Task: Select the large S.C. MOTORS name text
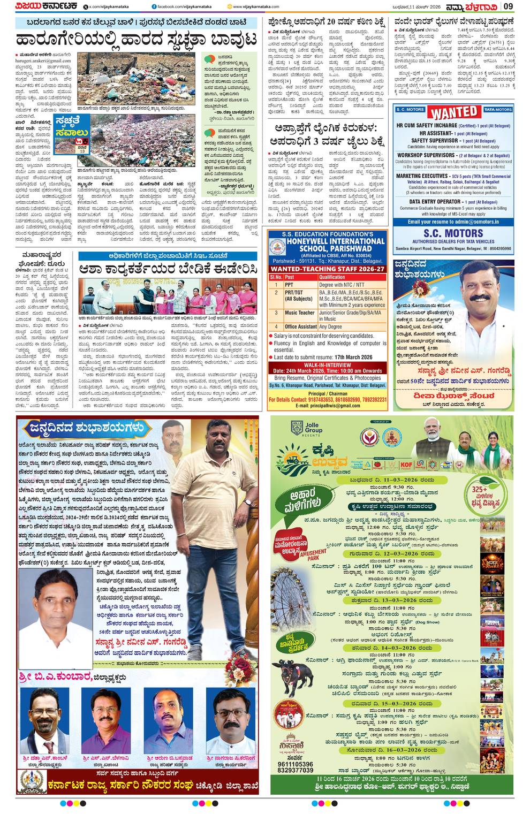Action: point(453,233)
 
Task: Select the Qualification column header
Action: point(332,277)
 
